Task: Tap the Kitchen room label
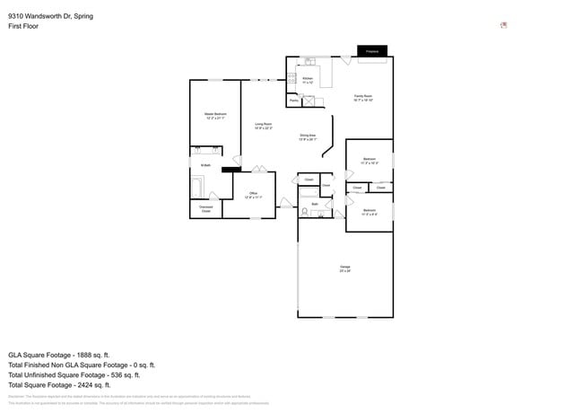(x=308, y=81)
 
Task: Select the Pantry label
(x=293, y=101)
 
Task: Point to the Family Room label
(x=363, y=97)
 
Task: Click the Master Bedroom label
(x=214, y=116)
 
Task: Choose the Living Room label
(x=263, y=126)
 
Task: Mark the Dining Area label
(x=308, y=137)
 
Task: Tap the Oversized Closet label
(x=205, y=209)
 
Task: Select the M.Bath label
(x=205, y=166)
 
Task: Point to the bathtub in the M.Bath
(x=196, y=188)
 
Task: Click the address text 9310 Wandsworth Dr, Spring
(x=50, y=16)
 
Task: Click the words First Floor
(x=25, y=27)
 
